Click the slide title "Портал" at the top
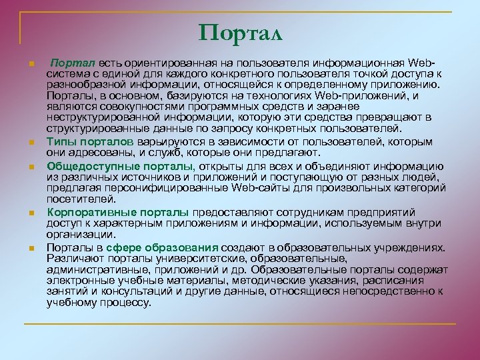click(x=240, y=32)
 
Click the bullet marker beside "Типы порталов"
click(x=32, y=143)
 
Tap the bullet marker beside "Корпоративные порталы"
click(x=32, y=213)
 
